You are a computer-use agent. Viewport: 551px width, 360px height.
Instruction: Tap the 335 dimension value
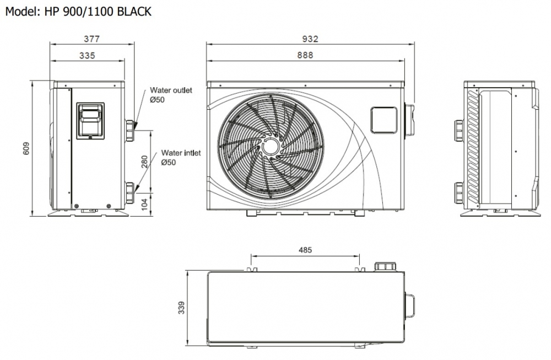[x=87, y=55]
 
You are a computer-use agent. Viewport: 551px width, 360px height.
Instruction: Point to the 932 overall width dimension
[x=310, y=39]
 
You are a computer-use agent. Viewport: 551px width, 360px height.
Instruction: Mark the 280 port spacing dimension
[x=144, y=162]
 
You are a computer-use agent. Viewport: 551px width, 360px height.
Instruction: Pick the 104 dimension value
[x=144, y=203]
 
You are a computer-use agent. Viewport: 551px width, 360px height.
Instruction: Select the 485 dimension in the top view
[x=305, y=250]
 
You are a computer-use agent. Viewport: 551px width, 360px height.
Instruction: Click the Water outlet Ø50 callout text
[x=171, y=95]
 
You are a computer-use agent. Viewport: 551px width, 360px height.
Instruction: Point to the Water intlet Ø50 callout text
[x=180, y=158]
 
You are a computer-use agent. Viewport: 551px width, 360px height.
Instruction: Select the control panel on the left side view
[x=90, y=120]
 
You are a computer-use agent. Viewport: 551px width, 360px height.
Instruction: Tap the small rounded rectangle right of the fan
[x=383, y=120]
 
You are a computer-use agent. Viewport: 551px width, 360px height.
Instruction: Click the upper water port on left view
[x=129, y=131]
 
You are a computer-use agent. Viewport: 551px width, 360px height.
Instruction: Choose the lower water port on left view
[x=129, y=193]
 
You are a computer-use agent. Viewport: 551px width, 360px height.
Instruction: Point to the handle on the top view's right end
[x=410, y=306]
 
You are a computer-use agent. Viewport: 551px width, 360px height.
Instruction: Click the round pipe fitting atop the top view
[x=385, y=266]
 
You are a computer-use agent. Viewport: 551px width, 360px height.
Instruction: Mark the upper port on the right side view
[x=458, y=131]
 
